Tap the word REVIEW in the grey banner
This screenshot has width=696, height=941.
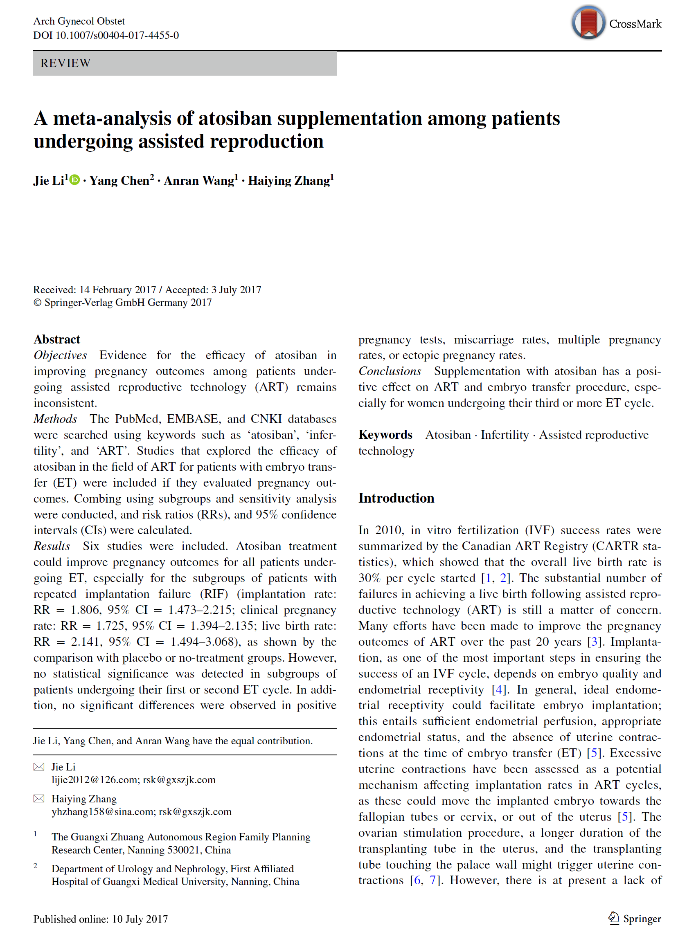(x=65, y=63)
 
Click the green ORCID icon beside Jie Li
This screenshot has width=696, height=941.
(x=74, y=180)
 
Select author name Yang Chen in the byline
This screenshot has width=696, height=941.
(x=119, y=181)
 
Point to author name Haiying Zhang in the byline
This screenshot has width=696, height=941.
(x=288, y=181)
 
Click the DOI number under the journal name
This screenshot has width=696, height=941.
(x=117, y=35)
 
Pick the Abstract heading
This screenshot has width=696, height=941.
(x=57, y=339)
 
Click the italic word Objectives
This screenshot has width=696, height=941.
(x=60, y=355)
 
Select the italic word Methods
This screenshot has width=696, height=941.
(x=55, y=419)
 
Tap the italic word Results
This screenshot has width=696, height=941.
(x=52, y=546)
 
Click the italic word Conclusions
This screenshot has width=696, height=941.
(x=390, y=371)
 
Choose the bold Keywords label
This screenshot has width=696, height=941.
(x=385, y=435)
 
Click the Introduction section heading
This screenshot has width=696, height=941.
(x=396, y=498)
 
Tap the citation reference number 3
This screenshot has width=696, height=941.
(x=594, y=642)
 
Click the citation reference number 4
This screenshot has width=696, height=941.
(x=499, y=689)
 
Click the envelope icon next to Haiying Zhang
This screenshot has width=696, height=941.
(x=39, y=799)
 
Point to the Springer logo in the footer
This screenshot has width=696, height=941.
(x=635, y=919)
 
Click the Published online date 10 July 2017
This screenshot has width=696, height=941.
(x=140, y=919)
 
